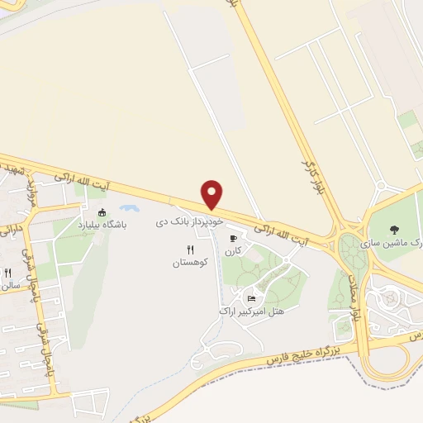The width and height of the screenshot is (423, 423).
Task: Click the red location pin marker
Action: tap(213, 194)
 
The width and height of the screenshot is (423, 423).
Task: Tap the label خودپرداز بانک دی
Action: tap(191, 223)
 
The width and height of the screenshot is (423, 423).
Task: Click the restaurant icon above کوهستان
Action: tap(191, 249)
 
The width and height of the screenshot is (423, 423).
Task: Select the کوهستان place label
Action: tap(191, 262)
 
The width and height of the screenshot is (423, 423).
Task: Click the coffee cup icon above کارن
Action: tap(233, 237)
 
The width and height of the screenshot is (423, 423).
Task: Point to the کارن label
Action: tap(234, 250)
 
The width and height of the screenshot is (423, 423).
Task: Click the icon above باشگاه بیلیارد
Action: tap(102, 212)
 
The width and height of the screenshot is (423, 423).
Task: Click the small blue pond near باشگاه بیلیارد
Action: tap(128, 210)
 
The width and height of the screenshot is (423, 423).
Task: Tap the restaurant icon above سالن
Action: tap(7, 273)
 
